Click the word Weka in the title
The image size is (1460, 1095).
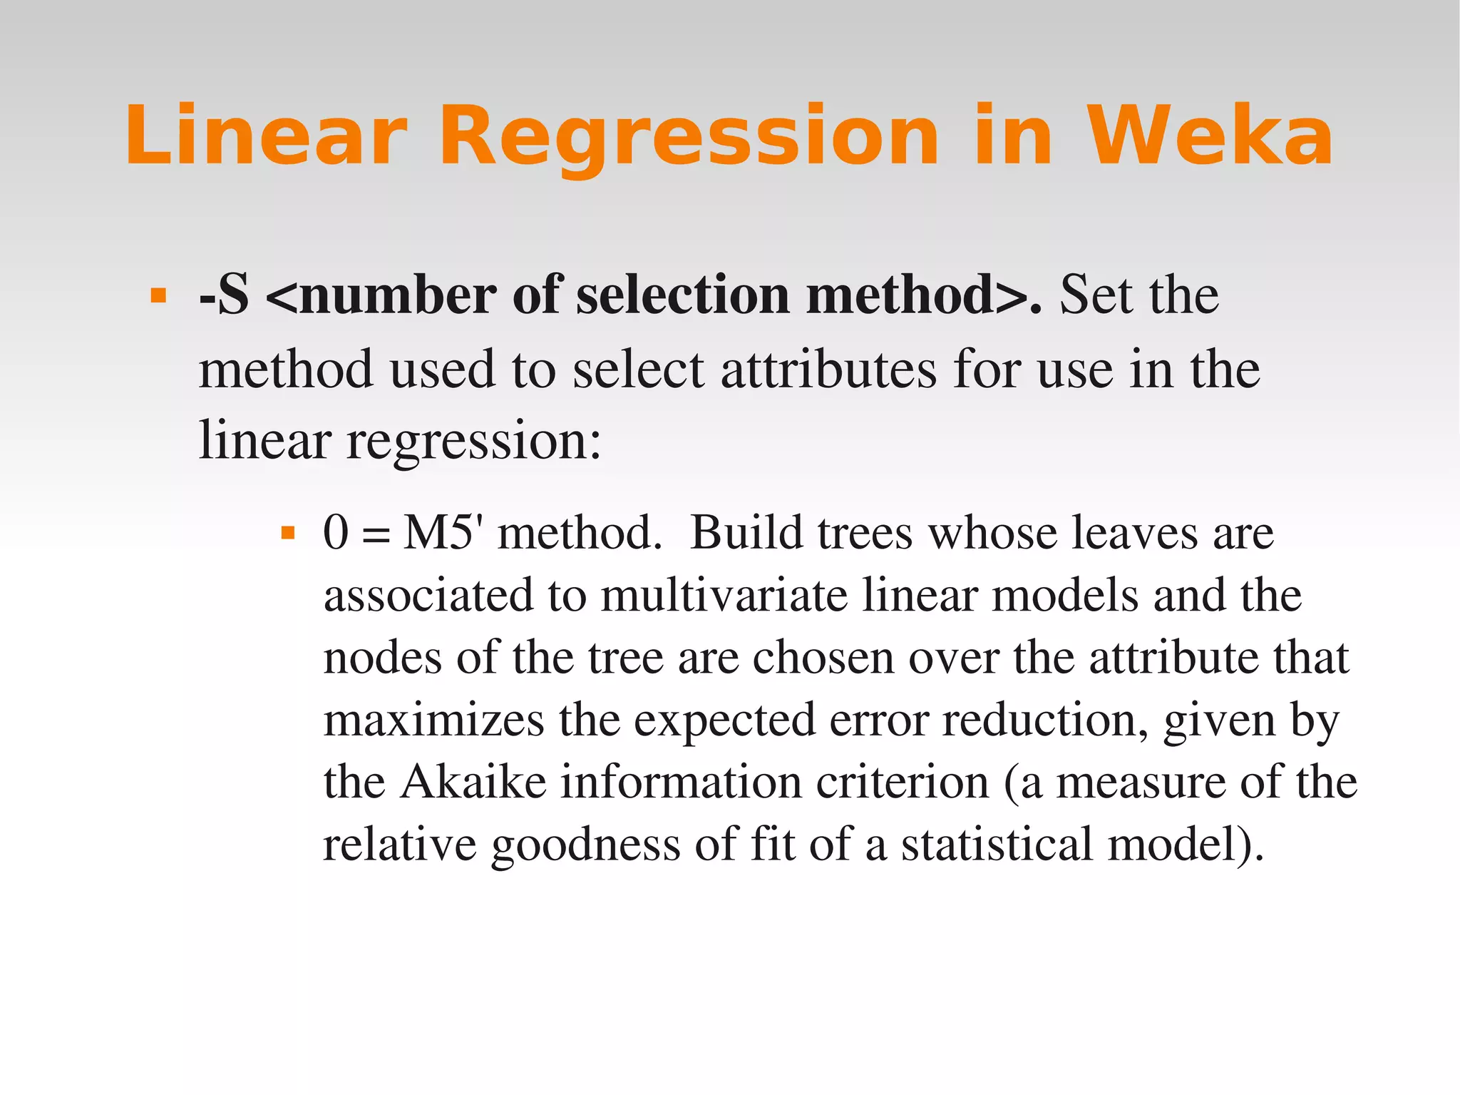click(1209, 136)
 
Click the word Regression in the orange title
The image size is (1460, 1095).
click(689, 136)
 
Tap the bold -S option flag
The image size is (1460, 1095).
click(224, 295)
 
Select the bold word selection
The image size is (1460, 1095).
click(682, 295)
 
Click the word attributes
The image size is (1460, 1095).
click(828, 370)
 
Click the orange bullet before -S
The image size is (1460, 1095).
click(158, 295)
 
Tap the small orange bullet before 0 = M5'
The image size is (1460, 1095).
click(288, 533)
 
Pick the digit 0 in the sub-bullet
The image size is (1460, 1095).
click(336, 533)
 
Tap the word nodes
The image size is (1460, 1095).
click(382, 658)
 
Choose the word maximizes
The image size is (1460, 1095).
click(433, 720)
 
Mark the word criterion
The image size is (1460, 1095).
click(903, 782)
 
